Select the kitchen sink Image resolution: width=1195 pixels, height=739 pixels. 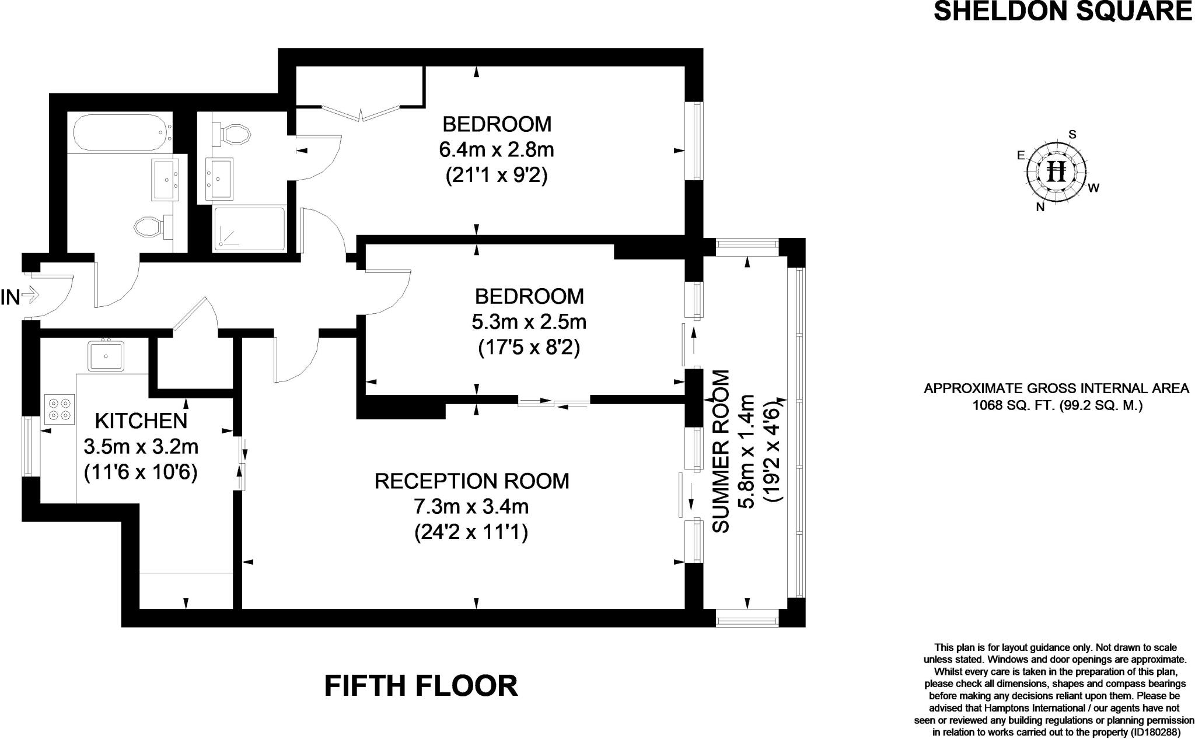pos(106,355)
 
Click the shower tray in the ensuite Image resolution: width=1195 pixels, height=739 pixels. pos(249,229)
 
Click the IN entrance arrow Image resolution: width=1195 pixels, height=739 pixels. pos(29,296)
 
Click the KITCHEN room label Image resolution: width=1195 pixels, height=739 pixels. pos(141,421)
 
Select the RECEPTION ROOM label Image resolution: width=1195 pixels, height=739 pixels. pos(471,481)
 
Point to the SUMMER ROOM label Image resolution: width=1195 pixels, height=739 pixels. pos(722,451)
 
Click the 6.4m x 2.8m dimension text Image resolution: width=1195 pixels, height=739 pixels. pos(496,150)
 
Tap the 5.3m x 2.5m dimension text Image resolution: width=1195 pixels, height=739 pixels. pos(529,322)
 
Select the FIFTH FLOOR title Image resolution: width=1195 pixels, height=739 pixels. pos(421,686)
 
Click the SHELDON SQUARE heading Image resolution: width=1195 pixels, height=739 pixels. pos(1063,12)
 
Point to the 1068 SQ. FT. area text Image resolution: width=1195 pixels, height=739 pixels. pos(1056,405)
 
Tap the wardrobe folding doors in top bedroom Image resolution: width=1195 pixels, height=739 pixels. pos(361,112)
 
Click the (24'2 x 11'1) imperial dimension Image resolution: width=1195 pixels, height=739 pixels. pos(471,533)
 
